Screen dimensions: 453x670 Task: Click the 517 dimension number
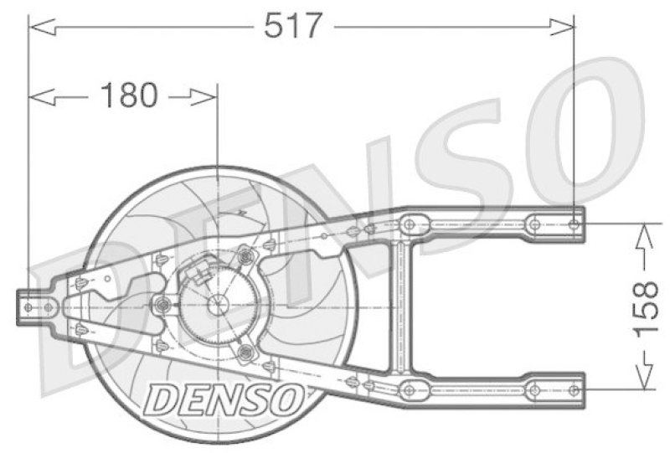click(292, 26)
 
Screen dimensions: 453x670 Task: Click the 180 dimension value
click(128, 96)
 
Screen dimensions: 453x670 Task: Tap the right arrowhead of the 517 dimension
click(563, 28)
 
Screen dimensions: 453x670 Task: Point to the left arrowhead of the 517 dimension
click(42, 28)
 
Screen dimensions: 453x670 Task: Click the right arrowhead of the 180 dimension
click(205, 97)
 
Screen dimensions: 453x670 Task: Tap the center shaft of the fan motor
click(217, 305)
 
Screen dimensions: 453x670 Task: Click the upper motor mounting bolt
click(245, 255)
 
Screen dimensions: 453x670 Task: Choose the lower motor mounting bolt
click(245, 354)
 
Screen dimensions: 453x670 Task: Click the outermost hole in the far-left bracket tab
click(29, 307)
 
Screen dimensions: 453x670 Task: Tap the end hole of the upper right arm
click(573, 224)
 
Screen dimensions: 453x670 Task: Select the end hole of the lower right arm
click(573, 390)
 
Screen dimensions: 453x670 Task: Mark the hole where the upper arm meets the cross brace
click(409, 224)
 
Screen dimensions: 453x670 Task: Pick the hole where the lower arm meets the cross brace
click(409, 389)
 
